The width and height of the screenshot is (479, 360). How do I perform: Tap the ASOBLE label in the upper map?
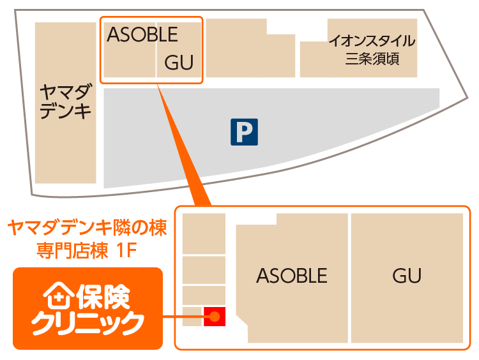[x=142, y=34]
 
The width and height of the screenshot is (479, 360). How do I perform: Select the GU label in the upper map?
[x=179, y=63]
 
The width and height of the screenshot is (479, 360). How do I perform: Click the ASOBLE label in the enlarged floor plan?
[x=291, y=275]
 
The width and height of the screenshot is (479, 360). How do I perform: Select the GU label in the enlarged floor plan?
[x=407, y=275]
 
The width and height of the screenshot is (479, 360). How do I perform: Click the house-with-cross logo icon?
[x=57, y=296]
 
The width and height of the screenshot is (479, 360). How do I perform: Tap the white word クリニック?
[x=87, y=324]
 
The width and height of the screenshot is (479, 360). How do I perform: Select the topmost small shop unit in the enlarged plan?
[x=204, y=233]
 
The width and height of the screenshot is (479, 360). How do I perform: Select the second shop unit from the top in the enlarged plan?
[x=204, y=269]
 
